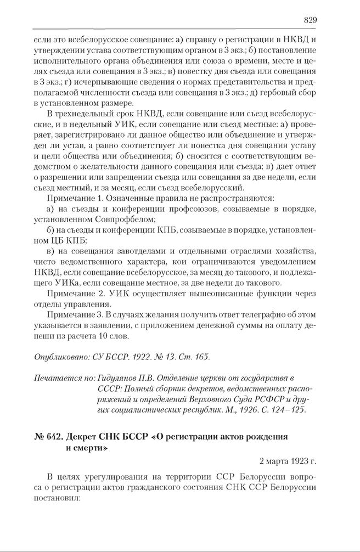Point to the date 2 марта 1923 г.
tap(288, 461)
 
